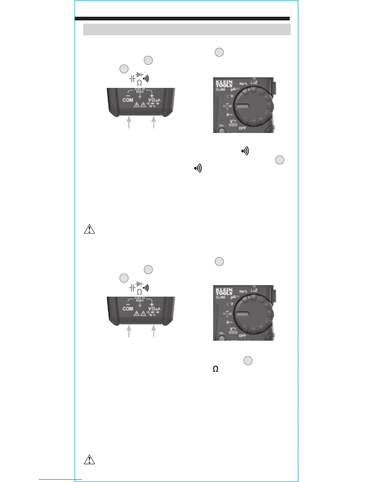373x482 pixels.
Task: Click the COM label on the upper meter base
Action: pos(128,100)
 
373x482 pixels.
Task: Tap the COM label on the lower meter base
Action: pos(128,309)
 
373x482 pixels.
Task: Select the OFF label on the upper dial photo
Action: pos(242,128)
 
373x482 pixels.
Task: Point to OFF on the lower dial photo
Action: pos(242,336)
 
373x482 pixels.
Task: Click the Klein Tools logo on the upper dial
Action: pos(224,84)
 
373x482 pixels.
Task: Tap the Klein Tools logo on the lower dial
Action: pos(224,291)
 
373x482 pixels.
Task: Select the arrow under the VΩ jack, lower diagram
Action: pos(154,331)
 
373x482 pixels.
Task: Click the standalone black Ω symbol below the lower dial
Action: pos(215,369)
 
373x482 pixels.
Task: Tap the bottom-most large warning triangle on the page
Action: pos(89,460)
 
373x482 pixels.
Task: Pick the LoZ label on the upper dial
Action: pos(254,82)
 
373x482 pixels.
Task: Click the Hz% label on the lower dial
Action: pos(243,292)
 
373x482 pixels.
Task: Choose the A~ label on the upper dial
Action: pos(229,115)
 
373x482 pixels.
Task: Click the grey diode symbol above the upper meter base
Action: pos(140,75)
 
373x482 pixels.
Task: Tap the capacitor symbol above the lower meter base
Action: pos(132,288)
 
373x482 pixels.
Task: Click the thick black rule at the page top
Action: pos(182,19)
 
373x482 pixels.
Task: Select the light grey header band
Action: pos(187,30)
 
